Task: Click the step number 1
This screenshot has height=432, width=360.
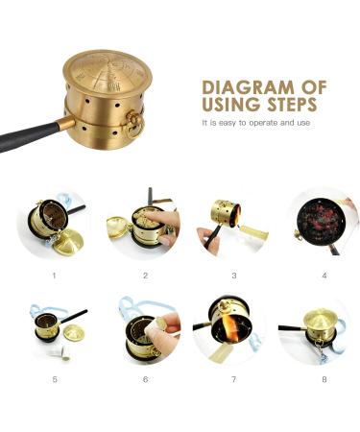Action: (x=54, y=276)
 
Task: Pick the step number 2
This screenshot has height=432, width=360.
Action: (x=145, y=276)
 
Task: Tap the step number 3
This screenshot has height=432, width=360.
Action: (x=234, y=276)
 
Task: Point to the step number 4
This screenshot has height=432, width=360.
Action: (x=324, y=276)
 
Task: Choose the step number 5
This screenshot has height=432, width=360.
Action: (x=54, y=379)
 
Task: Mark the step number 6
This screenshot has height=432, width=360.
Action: (x=145, y=379)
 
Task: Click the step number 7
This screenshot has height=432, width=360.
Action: (x=234, y=379)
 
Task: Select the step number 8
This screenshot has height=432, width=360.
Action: (x=324, y=379)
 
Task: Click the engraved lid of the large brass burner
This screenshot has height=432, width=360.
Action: (x=108, y=68)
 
